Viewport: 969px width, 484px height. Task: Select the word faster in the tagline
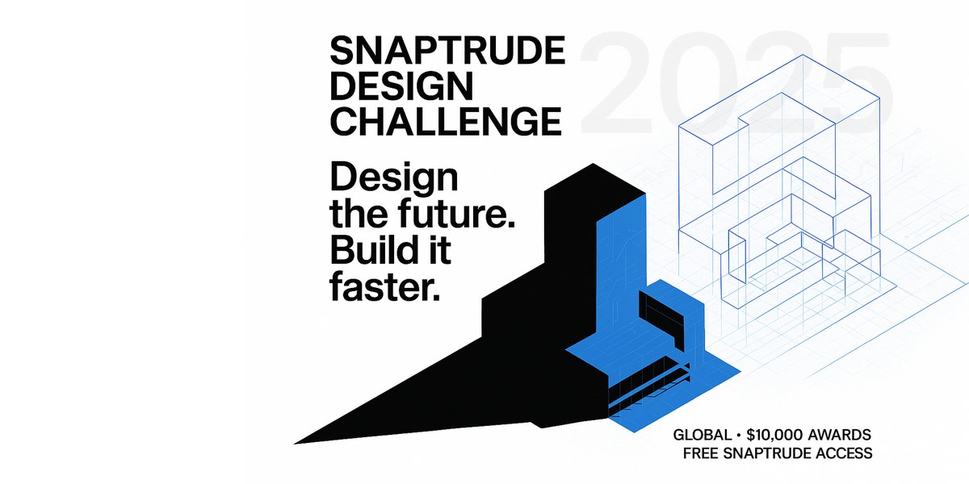386,286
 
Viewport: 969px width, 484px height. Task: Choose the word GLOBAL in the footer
703,436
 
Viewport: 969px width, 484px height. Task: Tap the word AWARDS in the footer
845,436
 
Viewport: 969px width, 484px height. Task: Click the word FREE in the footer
702,453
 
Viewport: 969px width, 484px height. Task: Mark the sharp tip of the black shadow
297,442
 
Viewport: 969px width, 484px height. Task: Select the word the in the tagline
355,215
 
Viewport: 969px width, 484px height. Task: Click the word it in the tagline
439,250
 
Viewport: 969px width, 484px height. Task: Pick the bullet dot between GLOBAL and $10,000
739,436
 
